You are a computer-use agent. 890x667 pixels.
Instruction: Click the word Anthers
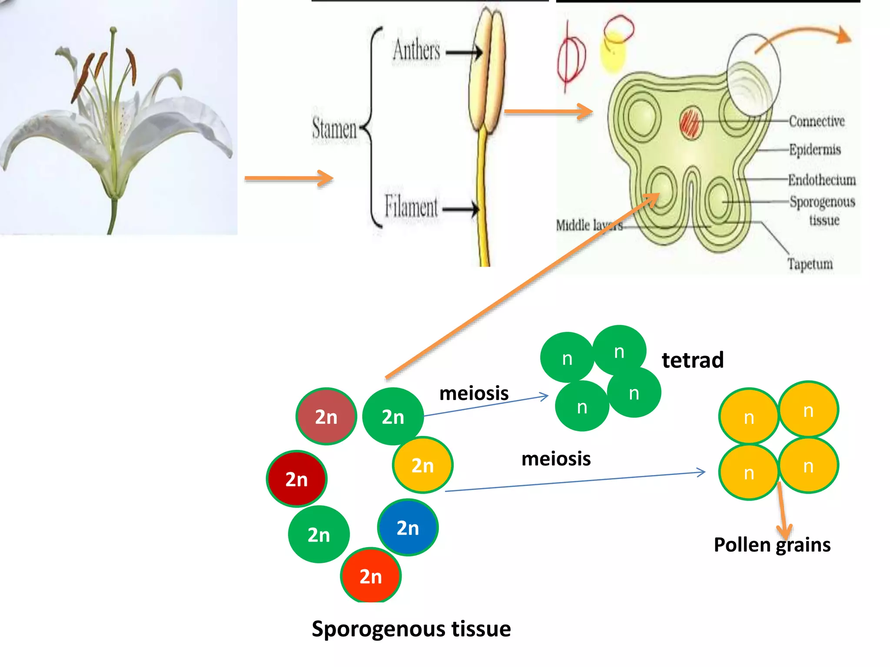coord(416,50)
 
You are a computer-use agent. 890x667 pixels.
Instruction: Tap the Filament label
coord(411,207)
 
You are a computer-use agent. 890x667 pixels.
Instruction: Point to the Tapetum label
coord(810,264)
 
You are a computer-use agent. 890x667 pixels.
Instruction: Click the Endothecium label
coord(822,179)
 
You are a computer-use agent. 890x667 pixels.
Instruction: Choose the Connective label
coord(817,121)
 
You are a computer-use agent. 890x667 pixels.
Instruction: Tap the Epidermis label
coord(815,149)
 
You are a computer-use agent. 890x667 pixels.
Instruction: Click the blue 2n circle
coord(408,528)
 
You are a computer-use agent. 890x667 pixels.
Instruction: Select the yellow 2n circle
coord(422,465)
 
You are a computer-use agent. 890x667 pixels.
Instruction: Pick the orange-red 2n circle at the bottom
coord(371,576)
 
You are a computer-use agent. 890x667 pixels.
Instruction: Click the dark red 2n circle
coord(296,479)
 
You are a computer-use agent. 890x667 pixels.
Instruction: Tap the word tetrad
coord(692,360)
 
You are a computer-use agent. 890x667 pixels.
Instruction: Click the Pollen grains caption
coord(772,545)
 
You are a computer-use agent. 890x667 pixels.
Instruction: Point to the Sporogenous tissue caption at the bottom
coord(411,629)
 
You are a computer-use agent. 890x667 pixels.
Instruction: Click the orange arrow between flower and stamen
coord(289,178)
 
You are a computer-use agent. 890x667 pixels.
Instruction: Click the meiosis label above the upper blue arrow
coord(474,393)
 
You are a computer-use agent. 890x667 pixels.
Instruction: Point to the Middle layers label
coord(589,225)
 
